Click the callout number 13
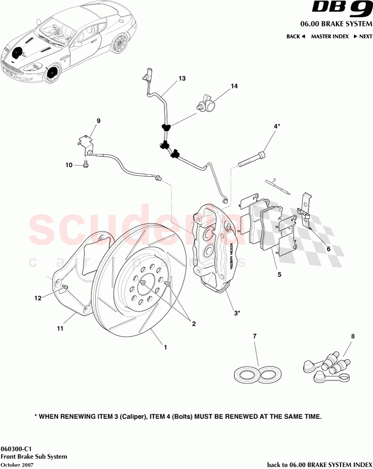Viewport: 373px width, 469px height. click(x=182, y=79)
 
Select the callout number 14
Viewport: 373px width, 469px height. click(x=234, y=86)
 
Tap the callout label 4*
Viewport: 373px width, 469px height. click(x=277, y=126)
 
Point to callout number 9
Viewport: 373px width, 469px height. click(x=99, y=121)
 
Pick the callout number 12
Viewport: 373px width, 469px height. click(x=38, y=298)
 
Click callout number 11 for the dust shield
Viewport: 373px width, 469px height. click(x=60, y=329)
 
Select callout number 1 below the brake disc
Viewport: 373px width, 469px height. click(x=165, y=347)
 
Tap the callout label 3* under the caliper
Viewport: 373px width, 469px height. click(x=236, y=314)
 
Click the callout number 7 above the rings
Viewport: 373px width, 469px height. click(x=255, y=336)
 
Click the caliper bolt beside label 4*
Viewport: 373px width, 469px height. click(x=251, y=159)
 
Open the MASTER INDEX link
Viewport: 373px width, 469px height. click(x=329, y=36)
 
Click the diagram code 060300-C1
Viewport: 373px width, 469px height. click(x=18, y=449)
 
